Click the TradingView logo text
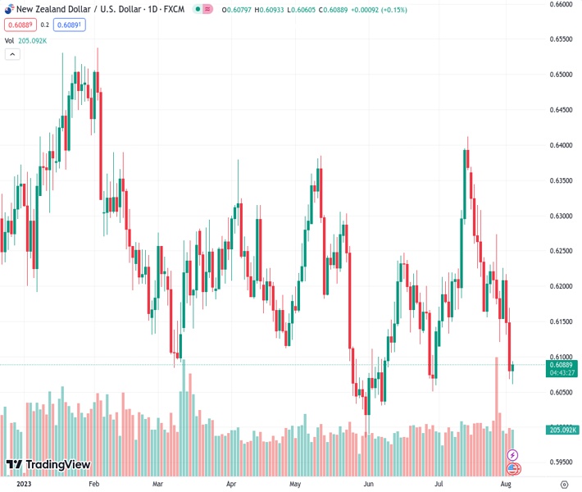coord(57,465)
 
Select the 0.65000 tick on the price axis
coord(560,75)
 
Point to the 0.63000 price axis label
coord(560,216)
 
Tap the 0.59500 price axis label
coord(560,462)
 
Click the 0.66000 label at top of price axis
coord(560,4)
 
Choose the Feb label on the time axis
coord(93,485)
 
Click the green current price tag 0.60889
coord(561,364)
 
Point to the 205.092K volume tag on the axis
coord(563,430)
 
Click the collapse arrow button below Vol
coord(12,54)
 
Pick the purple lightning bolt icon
coord(513,454)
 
